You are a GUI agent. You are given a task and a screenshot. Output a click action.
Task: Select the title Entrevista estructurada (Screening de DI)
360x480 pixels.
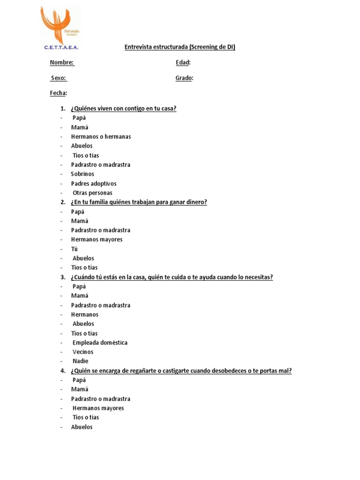[180, 47]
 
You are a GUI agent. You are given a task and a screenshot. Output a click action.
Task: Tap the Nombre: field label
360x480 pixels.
[62, 63]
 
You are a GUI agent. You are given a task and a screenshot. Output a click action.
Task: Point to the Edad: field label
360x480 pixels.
[183, 63]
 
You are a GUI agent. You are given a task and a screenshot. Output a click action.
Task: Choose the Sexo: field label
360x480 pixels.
[59, 78]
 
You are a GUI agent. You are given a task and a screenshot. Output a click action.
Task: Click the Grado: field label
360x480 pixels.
[184, 78]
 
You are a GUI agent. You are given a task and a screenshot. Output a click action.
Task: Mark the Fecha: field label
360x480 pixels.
[59, 93]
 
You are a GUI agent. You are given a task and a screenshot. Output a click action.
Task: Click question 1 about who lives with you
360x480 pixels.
[123, 109]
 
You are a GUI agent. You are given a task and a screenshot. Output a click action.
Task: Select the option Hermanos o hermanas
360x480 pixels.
[101, 137]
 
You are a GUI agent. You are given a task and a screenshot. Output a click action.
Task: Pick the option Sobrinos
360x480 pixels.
[82, 174]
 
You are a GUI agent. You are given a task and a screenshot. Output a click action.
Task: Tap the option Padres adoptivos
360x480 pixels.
[94, 183]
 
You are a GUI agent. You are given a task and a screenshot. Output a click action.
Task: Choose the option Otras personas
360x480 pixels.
[92, 193]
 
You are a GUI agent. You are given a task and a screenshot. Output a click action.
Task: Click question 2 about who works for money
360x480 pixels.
[139, 202]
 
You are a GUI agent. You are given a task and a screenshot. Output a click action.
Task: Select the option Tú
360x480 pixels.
[75, 249]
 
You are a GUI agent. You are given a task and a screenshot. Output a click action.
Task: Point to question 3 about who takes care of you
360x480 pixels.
[172, 277]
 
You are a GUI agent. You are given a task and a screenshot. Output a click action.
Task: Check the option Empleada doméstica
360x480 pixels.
[100, 343]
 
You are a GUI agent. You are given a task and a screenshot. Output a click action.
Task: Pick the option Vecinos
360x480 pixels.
[83, 352]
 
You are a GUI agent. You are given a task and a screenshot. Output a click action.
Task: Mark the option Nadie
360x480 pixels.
[80, 361]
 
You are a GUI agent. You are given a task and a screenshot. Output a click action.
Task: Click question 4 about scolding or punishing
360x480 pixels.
[181, 371]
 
